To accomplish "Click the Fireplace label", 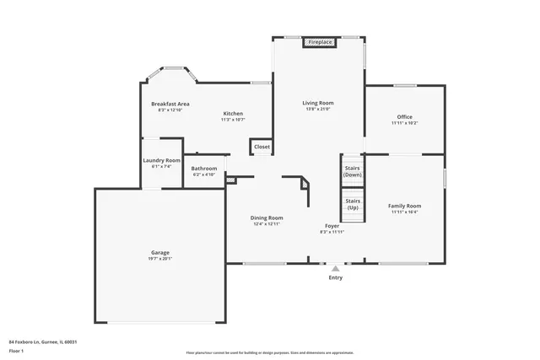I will click(320, 41).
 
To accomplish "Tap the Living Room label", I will click(318, 103).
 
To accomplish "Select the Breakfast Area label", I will click(170, 103).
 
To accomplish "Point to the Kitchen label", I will click(233, 113).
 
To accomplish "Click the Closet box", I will click(262, 147).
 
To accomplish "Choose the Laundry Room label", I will click(161, 160).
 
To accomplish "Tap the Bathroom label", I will click(204, 169).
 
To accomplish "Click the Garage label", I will click(160, 253).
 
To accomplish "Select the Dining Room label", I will click(267, 218).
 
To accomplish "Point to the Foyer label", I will click(333, 226).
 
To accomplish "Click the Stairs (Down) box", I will click(353, 171).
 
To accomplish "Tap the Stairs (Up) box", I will click(353, 204).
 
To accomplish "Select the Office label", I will click(404, 116).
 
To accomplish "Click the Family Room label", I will click(404, 206).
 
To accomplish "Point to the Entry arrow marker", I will click(335, 268).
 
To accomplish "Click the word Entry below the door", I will click(335, 277).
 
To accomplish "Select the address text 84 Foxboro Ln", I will click(43, 341).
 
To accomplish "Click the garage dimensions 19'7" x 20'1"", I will click(160, 260).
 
